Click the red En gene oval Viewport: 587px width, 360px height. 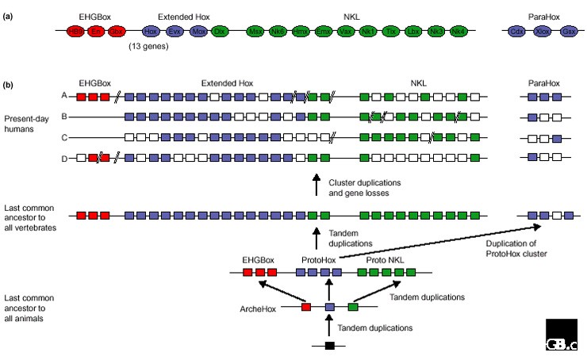coord(96,32)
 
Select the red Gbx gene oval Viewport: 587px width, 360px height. coord(117,32)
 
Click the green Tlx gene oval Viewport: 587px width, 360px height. coord(390,32)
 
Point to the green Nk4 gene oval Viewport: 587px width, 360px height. coord(458,32)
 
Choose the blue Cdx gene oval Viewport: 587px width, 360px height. coord(517,32)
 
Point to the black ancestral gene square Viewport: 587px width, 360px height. coord(329,346)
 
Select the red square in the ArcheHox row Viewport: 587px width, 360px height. coord(306,306)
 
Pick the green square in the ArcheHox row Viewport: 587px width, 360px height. coord(353,306)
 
